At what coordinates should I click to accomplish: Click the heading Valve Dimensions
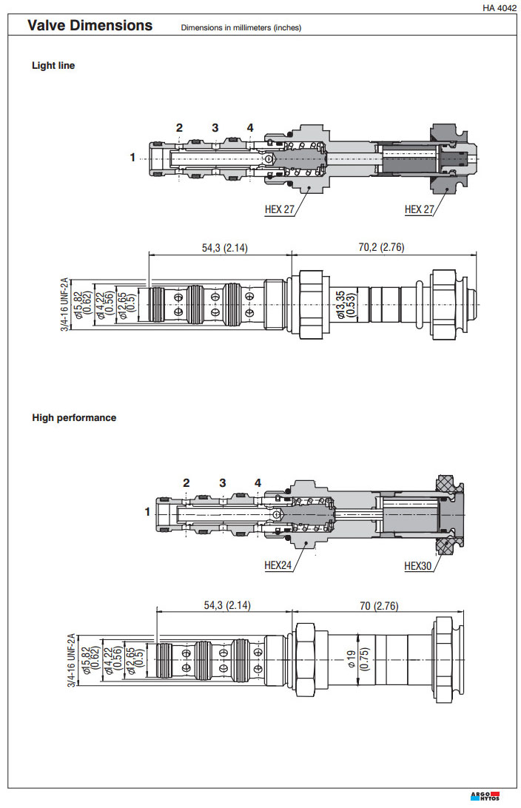pyautogui.click(x=90, y=26)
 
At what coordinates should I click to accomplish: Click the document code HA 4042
pyautogui.click(x=499, y=8)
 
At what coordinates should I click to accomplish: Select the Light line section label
pyautogui.click(x=53, y=65)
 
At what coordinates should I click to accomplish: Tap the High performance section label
pyautogui.click(x=74, y=417)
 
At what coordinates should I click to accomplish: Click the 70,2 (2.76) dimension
pyautogui.click(x=382, y=247)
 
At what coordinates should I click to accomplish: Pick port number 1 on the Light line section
pyautogui.click(x=132, y=157)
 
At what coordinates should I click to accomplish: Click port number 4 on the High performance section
pyautogui.click(x=258, y=483)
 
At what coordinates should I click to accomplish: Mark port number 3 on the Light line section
pyautogui.click(x=215, y=128)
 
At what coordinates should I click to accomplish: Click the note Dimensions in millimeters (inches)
pyautogui.click(x=241, y=28)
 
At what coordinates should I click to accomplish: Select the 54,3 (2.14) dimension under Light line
pyautogui.click(x=225, y=247)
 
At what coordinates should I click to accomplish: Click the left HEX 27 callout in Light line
pyautogui.click(x=280, y=209)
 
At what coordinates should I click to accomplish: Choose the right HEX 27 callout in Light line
pyautogui.click(x=420, y=209)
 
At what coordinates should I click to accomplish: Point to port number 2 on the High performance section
pyautogui.click(x=186, y=483)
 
